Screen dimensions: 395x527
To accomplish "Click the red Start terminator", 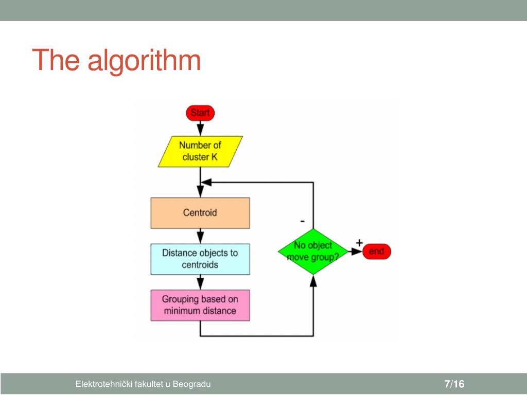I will pyautogui.click(x=200, y=113).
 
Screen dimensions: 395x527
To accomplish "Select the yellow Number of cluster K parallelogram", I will pyautogui.click(x=200, y=151).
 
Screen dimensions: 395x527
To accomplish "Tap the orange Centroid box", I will pyautogui.click(x=200, y=212).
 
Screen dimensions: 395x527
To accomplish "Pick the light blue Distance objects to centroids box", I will pyautogui.click(x=200, y=259).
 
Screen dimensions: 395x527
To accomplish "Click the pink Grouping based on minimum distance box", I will pyautogui.click(x=200, y=305).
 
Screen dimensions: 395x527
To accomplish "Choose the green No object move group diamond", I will pyautogui.click(x=313, y=252).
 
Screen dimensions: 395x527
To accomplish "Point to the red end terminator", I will pyautogui.click(x=376, y=252).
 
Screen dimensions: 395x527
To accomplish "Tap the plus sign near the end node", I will pyautogui.click(x=359, y=242).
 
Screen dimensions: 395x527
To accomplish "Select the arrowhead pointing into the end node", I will pyautogui.click(x=357, y=252).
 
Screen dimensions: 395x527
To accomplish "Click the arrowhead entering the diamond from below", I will pyautogui.click(x=313, y=281).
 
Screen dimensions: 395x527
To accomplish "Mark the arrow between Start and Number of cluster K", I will pyautogui.click(x=200, y=129).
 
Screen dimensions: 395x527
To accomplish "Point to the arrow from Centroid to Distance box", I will pyautogui.click(x=200, y=236).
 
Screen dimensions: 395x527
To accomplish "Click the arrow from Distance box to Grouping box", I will pyautogui.click(x=200, y=282).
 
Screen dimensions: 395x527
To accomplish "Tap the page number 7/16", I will pyautogui.click(x=454, y=384).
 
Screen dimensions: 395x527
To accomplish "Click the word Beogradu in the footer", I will pyautogui.click(x=191, y=384).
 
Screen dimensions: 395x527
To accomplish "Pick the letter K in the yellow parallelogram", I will pyautogui.click(x=214, y=157).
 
